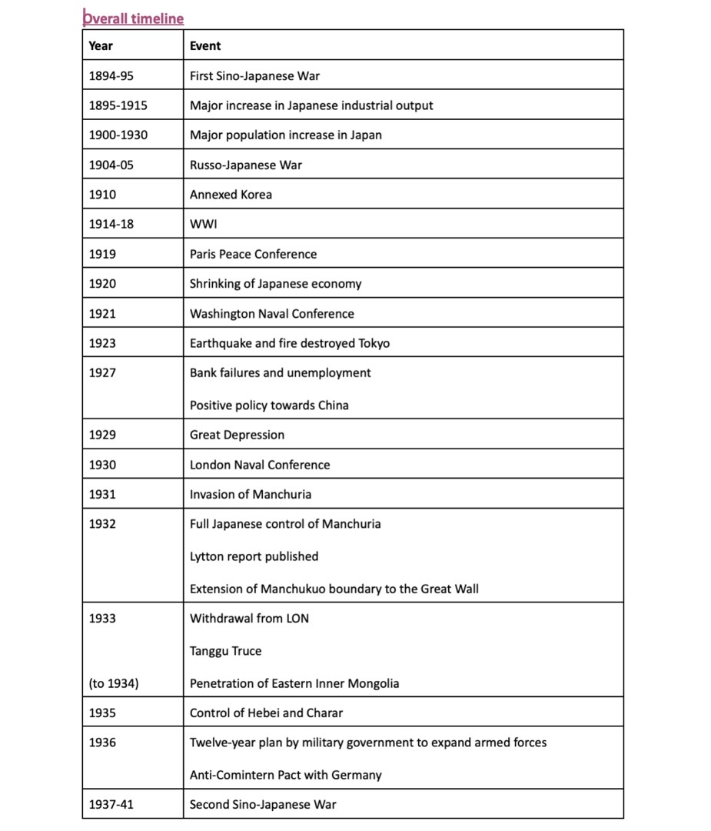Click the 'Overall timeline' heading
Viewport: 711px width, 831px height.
(133, 18)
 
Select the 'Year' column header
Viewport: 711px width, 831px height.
(101, 45)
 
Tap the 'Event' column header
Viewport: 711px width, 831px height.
(205, 45)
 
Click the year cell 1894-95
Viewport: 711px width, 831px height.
(111, 75)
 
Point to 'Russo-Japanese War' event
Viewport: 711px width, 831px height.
(246, 165)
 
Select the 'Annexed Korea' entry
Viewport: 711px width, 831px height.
(231, 195)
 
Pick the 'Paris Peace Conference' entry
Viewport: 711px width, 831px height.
(253, 254)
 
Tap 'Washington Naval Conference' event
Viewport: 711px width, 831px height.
(272, 314)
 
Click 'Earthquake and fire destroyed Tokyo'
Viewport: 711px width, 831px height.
(290, 343)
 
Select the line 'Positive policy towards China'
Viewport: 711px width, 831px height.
(269, 405)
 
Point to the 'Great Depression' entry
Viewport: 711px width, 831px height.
(237, 435)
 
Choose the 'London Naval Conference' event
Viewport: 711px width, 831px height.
(260, 465)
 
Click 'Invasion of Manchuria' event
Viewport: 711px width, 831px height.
(251, 494)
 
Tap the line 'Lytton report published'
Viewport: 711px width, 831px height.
(254, 556)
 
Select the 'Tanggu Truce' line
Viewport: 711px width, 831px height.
(225, 651)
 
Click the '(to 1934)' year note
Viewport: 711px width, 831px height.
(114, 683)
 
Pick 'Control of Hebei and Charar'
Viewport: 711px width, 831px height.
(266, 713)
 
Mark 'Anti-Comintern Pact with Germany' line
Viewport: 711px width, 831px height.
(286, 775)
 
